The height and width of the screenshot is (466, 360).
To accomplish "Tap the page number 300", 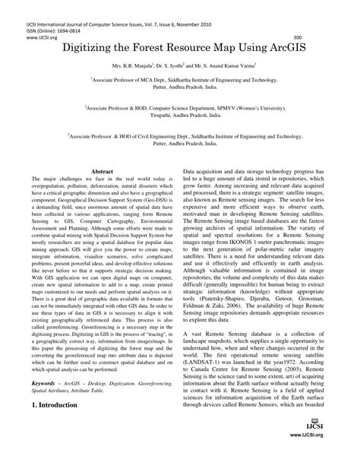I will pos(297,36).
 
